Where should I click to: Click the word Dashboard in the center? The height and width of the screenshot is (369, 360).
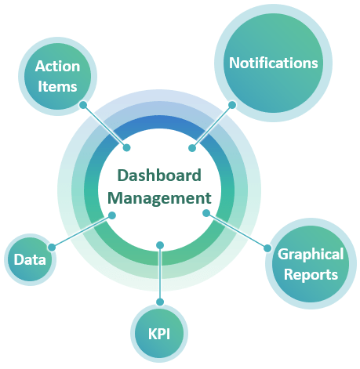pyautogui.click(x=159, y=175)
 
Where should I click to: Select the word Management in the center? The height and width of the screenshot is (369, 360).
pyautogui.click(x=159, y=198)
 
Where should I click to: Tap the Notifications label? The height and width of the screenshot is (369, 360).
pyautogui.click(x=274, y=63)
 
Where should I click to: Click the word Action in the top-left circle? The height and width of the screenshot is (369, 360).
pyautogui.click(x=57, y=66)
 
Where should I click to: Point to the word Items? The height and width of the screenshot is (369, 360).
pyautogui.click(x=57, y=86)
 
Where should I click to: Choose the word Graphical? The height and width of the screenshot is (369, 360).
pyautogui.click(x=311, y=255)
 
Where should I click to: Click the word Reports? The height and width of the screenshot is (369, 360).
pyautogui.click(x=311, y=275)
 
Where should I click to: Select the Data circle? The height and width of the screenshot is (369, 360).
pyautogui.click(x=31, y=259)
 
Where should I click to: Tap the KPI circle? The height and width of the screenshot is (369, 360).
pyautogui.click(x=159, y=334)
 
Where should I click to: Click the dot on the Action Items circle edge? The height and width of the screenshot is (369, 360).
pyautogui.click(x=83, y=105)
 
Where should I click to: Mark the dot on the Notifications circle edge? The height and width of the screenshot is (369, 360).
pyautogui.click(x=232, y=105)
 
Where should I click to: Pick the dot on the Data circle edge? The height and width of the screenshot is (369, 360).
pyautogui.click(x=52, y=248)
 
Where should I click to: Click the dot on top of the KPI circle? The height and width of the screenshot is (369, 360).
pyautogui.click(x=160, y=302)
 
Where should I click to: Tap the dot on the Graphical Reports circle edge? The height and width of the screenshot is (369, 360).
pyautogui.click(x=267, y=248)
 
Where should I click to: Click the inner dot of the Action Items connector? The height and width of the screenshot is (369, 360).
pyautogui.click(x=127, y=147)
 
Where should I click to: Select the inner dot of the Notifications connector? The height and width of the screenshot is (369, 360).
pyautogui.click(x=192, y=148)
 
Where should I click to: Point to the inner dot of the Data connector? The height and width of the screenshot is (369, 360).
pyautogui.click(x=112, y=215)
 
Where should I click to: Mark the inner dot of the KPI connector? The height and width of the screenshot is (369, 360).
pyautogui.click(x=160, y=245)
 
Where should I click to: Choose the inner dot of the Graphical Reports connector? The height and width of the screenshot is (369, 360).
pyautogui.click(x=206, y=213)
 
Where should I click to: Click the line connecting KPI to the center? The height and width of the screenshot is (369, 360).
pyautogui.click(x=160, y=273)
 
